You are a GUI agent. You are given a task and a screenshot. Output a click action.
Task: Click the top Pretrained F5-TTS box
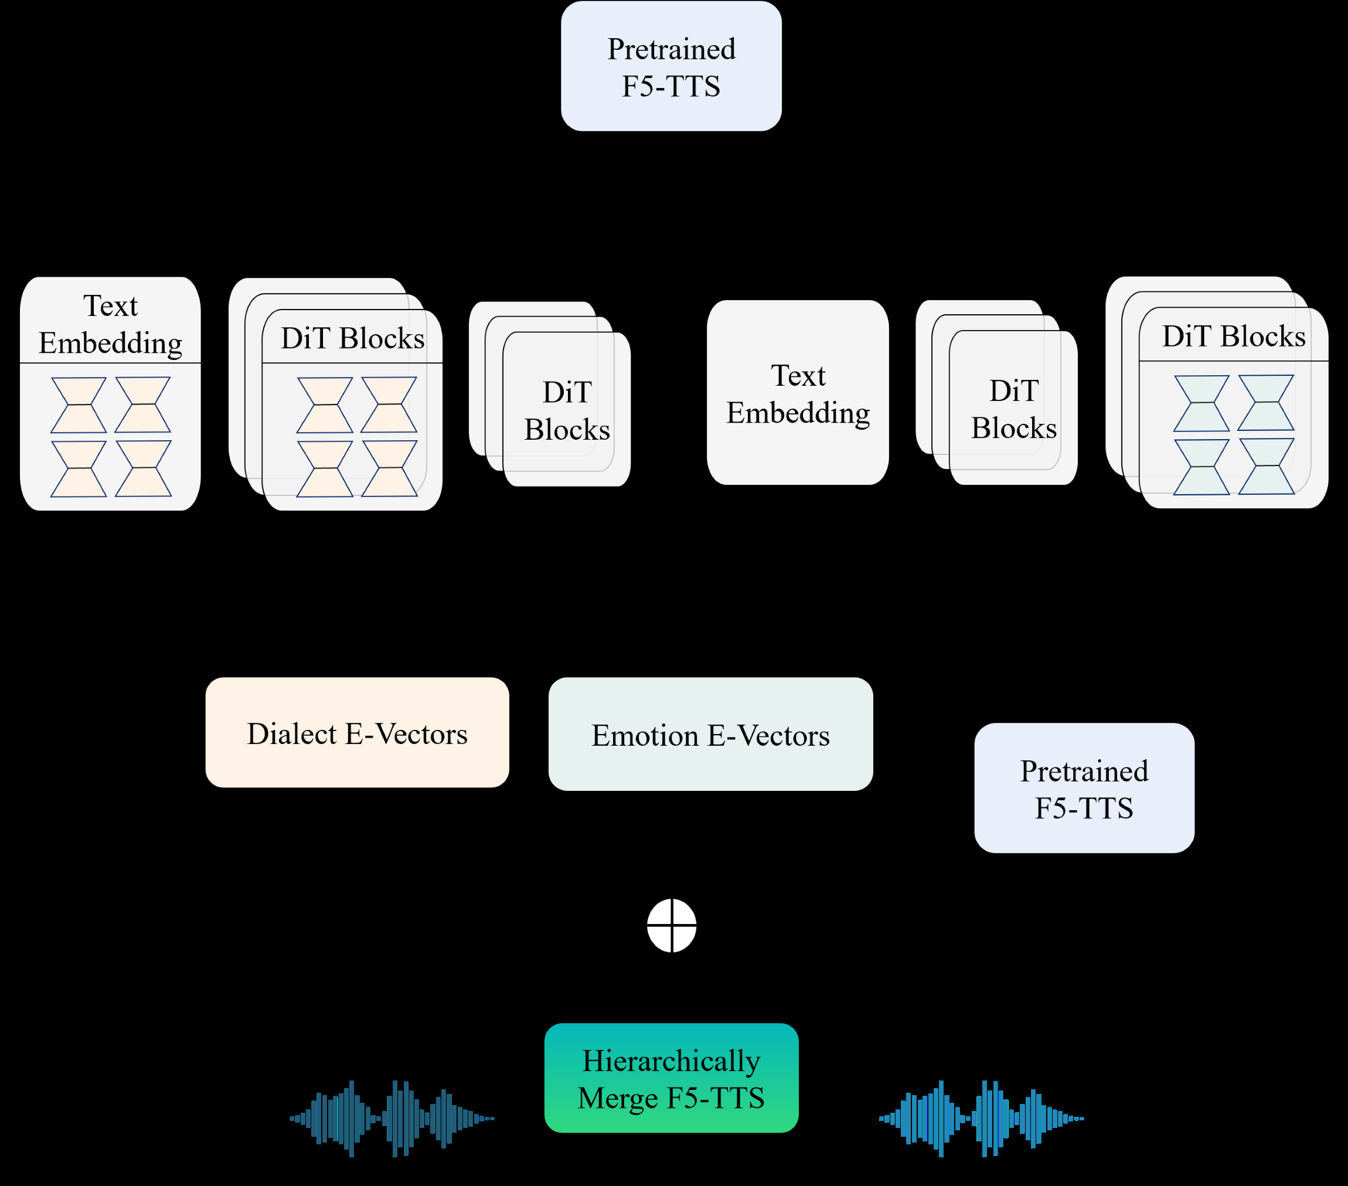tap(670, 66)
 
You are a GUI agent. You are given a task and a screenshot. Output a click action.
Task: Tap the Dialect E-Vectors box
tap(357, 732)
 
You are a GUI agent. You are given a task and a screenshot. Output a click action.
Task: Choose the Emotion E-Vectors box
tap(710, 734)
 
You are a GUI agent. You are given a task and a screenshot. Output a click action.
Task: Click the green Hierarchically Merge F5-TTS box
tap(670, 1078)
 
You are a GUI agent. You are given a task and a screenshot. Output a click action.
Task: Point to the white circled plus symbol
tap(671, 926)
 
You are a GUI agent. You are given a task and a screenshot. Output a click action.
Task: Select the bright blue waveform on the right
tap(981, 1118)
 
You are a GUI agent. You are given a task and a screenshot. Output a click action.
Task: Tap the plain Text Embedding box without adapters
tap(797, 393)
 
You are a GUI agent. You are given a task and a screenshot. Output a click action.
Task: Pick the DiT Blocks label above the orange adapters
tap(352, 338)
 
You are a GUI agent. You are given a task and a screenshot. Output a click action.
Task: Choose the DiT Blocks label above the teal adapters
tap(1233, 337)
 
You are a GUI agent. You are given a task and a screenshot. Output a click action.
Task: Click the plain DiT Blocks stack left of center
tap(566, 410)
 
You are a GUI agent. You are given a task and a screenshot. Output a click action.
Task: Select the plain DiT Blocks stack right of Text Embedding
tap(1013, 409)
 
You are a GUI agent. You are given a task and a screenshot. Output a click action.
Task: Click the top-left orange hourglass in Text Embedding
tap(79, 405)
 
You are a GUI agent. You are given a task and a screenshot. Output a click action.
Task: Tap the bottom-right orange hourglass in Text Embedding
tap(143, 468)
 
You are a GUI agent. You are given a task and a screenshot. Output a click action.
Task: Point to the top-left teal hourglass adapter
tap(1201, 403)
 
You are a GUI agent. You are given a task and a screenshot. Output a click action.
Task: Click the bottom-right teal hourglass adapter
tap(1265, 466)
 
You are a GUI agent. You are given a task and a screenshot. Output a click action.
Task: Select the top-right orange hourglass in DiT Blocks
tap(389, 405)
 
